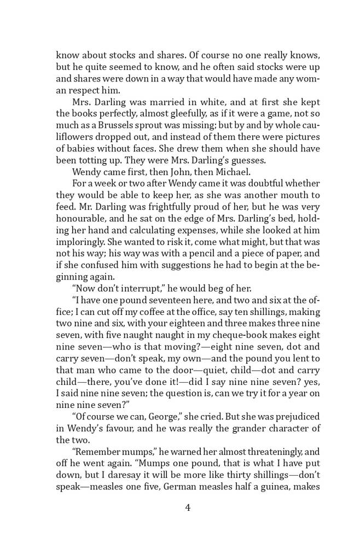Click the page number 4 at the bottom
point(188,507)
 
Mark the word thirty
point(227,468)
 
